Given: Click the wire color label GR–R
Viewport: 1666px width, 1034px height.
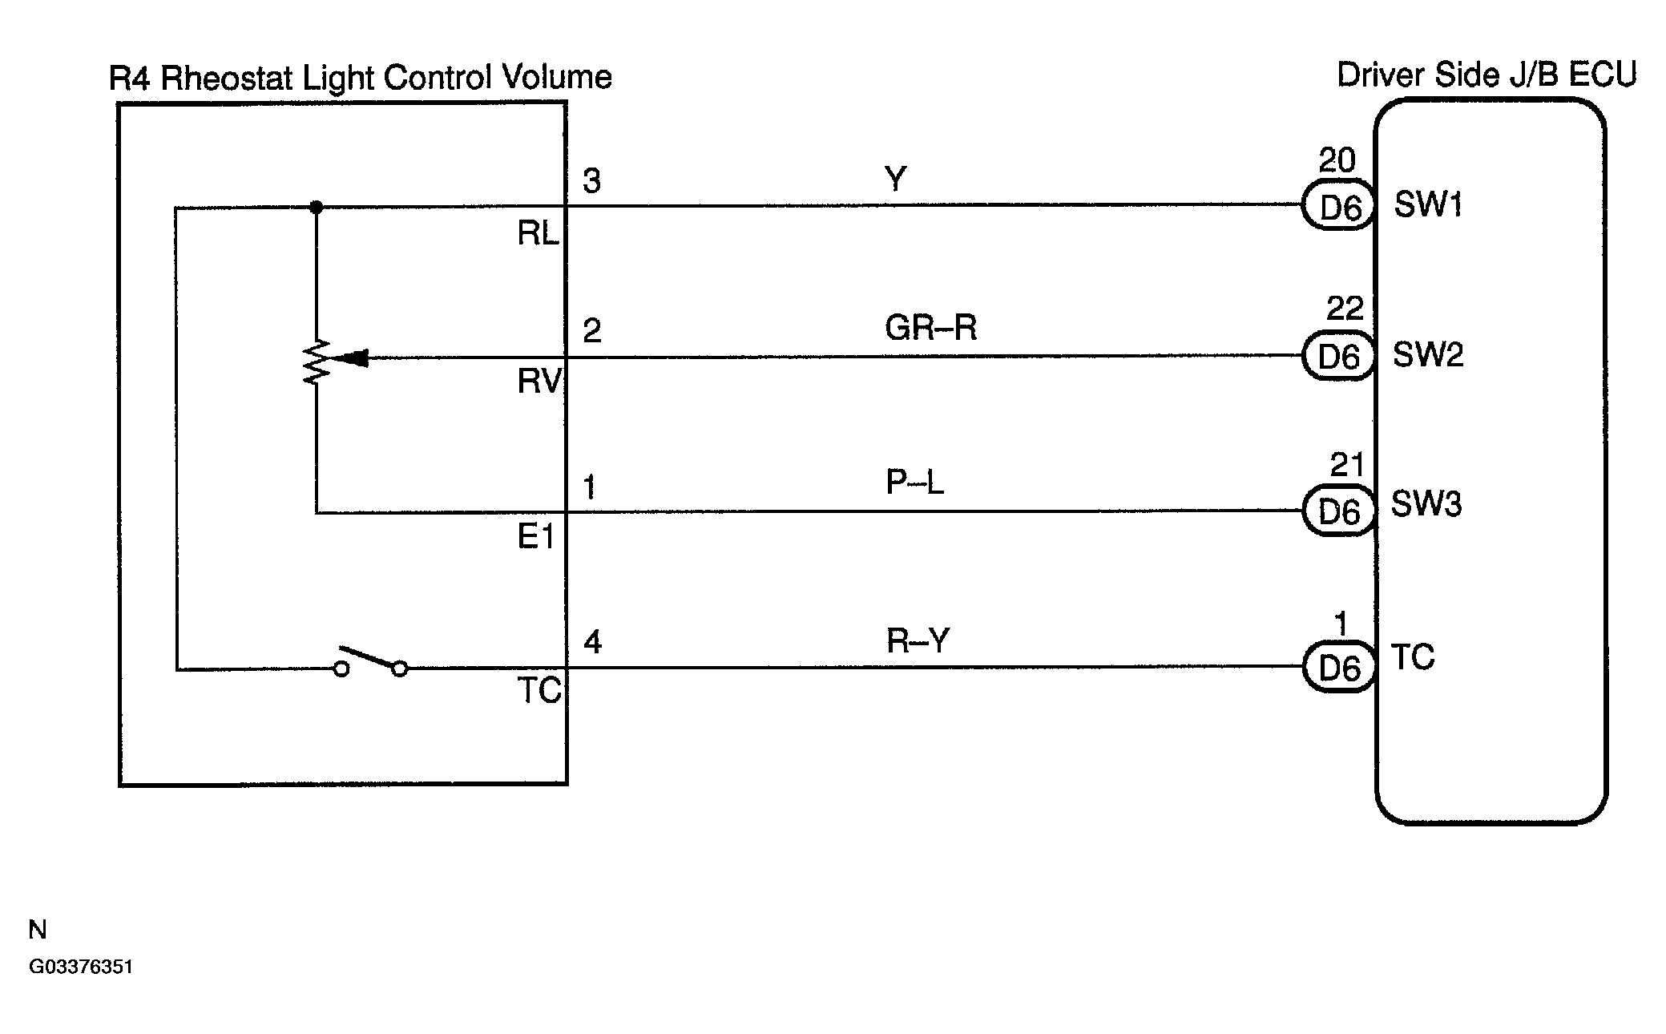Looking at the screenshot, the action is (x=930, y=328).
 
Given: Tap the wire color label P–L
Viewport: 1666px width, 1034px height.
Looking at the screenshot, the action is (x=914, y=482).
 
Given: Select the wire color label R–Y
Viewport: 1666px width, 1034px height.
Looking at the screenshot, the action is (x=918, y=640).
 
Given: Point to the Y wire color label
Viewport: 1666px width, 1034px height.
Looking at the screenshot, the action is (x=894, y=178).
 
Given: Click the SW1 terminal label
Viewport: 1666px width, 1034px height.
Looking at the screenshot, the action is (x=1428, y=205).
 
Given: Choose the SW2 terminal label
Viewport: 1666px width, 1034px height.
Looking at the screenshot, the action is (x=1428, y=354).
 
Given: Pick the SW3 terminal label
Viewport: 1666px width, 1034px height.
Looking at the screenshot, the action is (x=1426, y=504).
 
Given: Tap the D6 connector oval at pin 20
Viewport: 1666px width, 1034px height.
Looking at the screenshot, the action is (x=1338, y=207).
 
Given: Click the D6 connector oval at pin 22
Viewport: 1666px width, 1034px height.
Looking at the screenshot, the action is (x=1338, y=356).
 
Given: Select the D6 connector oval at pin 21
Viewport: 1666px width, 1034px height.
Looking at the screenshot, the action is (x=1338, y=511).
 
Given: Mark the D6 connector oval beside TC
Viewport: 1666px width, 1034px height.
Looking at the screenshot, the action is (x=1338, y=667).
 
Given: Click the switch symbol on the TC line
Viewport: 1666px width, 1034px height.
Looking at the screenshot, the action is (x=370, y=661).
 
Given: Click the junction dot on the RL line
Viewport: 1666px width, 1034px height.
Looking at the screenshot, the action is (x=316, y=208).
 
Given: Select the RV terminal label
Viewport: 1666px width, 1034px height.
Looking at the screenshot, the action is (x=539, y=382).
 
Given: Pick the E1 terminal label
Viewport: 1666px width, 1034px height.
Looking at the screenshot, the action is (x=536, y=536).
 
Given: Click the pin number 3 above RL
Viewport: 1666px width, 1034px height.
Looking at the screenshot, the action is (x=591, y=181).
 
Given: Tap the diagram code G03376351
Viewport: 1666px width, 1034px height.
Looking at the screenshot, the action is (x=81, y=967).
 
